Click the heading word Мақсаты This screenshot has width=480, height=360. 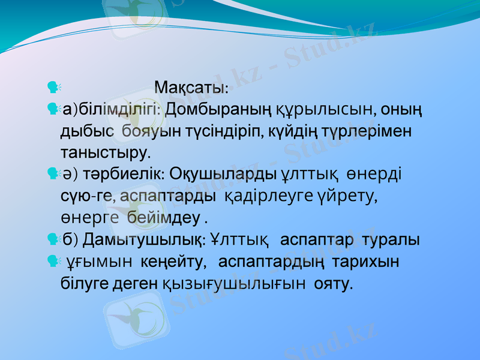191,88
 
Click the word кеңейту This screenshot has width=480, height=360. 174,262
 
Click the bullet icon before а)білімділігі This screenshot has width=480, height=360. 52,109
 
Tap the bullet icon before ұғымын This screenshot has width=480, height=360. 52,261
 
